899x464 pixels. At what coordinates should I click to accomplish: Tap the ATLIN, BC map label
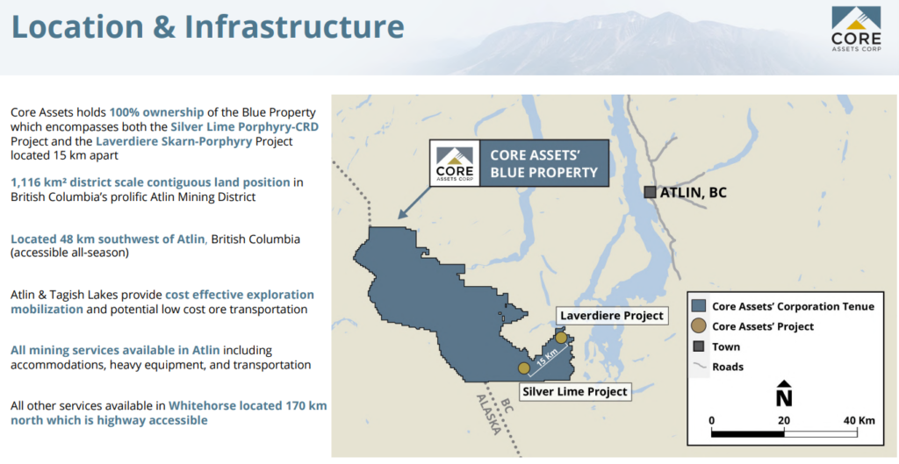[694, 192]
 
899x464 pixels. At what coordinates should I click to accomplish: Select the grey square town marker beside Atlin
[650, 192]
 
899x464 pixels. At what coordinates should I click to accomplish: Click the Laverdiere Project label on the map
[612, 316]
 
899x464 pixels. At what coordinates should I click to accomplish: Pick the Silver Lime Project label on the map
[574, 392]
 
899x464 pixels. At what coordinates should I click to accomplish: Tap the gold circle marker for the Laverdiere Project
[561, 338]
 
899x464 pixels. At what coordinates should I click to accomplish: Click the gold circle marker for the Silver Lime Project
[523, 368]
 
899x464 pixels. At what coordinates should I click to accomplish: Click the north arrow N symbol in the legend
[784, 393]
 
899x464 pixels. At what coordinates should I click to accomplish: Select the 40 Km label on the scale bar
[858, 420]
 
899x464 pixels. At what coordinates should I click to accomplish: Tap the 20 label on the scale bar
[784, 420]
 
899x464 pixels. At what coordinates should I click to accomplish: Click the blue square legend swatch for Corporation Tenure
[698, 306]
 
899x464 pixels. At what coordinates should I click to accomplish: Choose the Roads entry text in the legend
[728, 367]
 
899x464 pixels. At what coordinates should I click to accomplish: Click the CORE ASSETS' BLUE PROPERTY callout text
[543, 163]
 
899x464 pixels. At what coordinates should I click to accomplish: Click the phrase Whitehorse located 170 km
[248, 405]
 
